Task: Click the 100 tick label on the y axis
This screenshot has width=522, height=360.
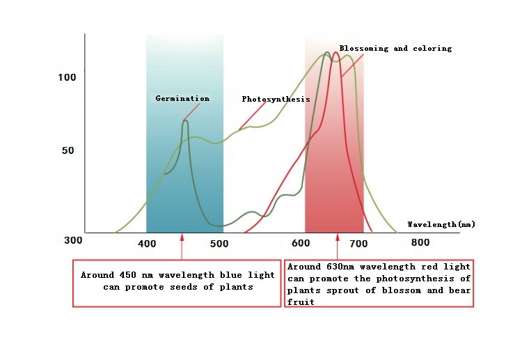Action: pyautogui.click(x=67, y=77)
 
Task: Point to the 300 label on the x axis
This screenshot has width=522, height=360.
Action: pyautogui.click(x=73, y=240)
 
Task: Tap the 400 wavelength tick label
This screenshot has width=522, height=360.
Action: pyautogui.click(x=147, y=244)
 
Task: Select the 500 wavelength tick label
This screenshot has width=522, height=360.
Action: pyautogui.click(x=219, y=244)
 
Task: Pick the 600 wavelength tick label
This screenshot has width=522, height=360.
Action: pyautogui.click(x=301, y=244)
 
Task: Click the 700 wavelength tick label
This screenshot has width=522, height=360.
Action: pyautogui.click(x=358, y=244)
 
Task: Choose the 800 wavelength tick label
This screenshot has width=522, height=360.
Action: pyautogui.click(x=420, y=242)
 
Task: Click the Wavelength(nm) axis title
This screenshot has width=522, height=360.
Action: pyautogui.click(x=441, y=224)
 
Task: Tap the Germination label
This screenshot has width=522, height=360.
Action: pyautogui.click(x=182, y=99)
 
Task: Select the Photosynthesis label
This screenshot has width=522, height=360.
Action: pyautogui.click(x=276, y=100)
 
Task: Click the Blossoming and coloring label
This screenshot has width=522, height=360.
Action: pyautogui.click(x=395, y=49)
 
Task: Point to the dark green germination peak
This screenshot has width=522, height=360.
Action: pyautogui.click(x=185, y=121)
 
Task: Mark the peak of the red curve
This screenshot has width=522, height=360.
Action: pyautogui.click(x=338, y=44)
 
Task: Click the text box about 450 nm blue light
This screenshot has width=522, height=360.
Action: pyautogui.click(x=177, y=282)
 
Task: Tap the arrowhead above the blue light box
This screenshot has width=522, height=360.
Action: pyautogui.click(x=182, y=237)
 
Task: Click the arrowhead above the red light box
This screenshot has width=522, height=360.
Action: pyautogui.click(x=338, y=237)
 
